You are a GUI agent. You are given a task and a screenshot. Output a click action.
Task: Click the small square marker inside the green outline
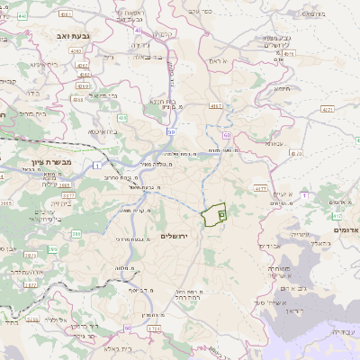pos(221,215)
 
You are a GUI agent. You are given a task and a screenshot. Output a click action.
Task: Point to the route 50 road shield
pos(170,131)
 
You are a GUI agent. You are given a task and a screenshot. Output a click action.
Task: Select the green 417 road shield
pos(337,216)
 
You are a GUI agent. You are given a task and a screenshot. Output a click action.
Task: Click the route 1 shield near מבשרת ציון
pos(96,166)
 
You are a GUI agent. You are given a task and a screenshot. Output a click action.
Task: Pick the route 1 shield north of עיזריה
pos(304,194)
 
